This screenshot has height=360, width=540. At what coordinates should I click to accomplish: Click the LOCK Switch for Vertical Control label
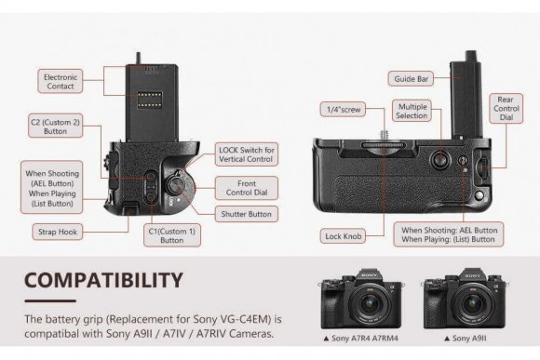[246, 155]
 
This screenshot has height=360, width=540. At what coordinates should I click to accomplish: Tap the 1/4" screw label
[343, 110]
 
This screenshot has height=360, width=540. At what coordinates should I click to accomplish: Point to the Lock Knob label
[343, 235]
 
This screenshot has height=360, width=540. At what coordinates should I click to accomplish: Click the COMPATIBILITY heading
[103, 279]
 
